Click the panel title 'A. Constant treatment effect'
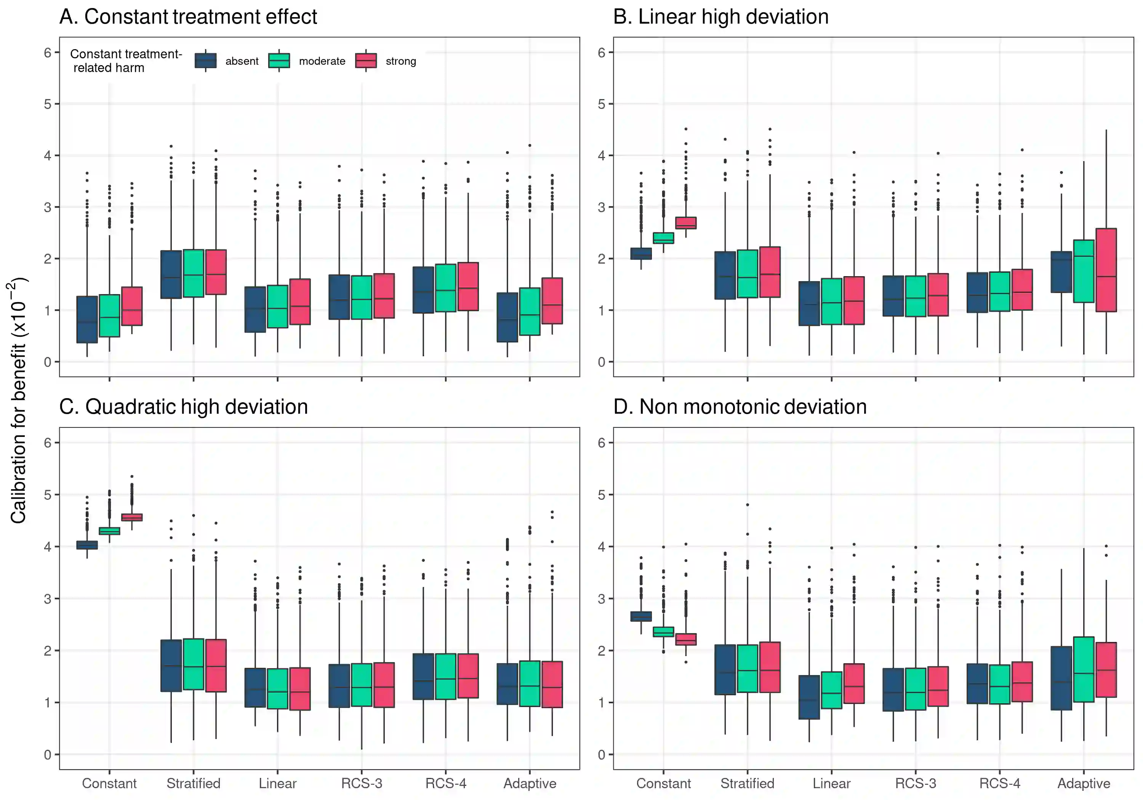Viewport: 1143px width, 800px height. pos(188,17)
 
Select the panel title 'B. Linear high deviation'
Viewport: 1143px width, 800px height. pos(720,17)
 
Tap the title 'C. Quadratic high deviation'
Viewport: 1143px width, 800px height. pos(183,407)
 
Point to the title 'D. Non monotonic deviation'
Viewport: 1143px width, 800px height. pos(740,407)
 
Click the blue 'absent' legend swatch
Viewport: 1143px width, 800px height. pos(206,61)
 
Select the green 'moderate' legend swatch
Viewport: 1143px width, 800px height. pos(279,61)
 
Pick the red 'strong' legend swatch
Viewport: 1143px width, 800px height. pos(366,61)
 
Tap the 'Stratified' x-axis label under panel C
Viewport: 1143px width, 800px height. pos(193,784)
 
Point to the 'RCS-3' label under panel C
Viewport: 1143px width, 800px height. pos(362,784)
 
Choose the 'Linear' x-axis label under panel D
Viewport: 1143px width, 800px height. pos(831,784)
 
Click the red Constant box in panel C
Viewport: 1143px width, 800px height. pos(132,517)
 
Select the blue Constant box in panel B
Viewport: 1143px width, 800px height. pos(641,253)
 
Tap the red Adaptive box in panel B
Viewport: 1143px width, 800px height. pos(1106,270)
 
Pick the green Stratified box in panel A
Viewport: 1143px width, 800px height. pos(193,273)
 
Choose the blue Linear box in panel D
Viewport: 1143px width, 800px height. pos(809,697)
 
